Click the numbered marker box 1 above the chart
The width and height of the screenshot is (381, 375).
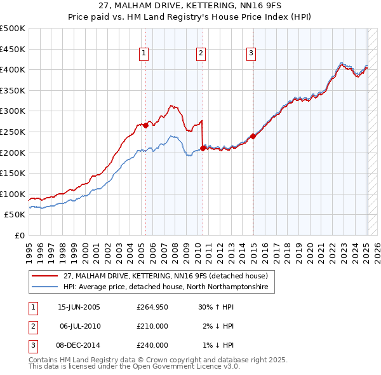[x=145, y=54]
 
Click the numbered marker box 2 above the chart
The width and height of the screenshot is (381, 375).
[x=201, y=54]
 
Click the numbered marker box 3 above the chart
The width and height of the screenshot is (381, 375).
[x=251, y=54]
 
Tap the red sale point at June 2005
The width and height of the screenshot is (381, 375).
[x=145, y=125]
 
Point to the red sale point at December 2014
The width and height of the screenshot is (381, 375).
[x=253, y=135]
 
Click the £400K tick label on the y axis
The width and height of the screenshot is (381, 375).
[x=13, y=69]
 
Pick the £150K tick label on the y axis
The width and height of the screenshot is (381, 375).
[x=13, y=173]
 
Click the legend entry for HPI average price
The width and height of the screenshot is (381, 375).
[x=166, y=287]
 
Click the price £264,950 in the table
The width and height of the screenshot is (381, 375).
[x=152, y=307]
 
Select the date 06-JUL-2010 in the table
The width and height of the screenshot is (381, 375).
[x=80, y=326]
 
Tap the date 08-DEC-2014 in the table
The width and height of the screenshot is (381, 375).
[x=80, y=345]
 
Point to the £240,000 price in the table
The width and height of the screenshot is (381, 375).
[x=152, y=345]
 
